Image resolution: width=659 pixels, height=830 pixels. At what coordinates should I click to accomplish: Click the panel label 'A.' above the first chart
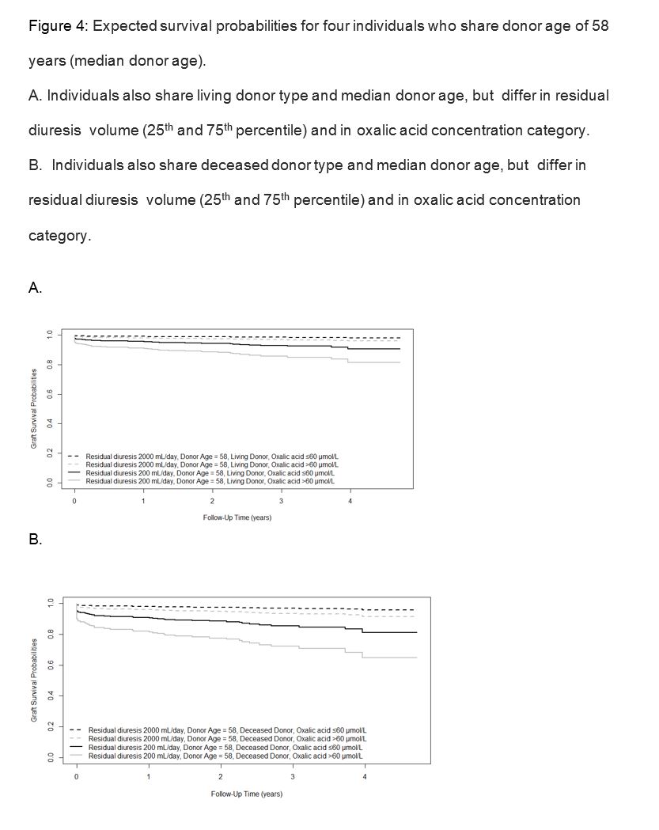click(35, 289)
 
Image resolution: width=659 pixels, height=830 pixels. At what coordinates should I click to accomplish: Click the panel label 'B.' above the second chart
click(35, 540)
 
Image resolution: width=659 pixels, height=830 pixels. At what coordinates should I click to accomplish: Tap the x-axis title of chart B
click(247, 793)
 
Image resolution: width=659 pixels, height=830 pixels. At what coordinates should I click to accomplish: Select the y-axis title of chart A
click(35, 409)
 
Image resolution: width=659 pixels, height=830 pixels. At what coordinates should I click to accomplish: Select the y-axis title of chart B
click(35, 680)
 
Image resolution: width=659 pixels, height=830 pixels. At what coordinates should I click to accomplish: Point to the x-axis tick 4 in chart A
click(350, 502)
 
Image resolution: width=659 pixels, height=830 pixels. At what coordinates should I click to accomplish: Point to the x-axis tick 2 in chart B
click(221, 776)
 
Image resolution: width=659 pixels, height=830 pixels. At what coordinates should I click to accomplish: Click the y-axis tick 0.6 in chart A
click(49, 394)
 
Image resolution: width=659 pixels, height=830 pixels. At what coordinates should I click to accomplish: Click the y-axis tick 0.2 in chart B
click(49, 726)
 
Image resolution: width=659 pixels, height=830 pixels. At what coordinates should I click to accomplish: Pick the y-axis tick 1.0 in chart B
click(49, 603)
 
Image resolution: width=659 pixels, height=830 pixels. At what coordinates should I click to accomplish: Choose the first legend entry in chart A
click(211, 457)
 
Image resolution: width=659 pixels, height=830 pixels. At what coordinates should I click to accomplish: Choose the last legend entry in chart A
click(211, 480)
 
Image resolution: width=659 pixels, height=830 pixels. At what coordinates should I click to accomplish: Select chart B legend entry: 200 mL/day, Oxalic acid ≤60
click(225, 747)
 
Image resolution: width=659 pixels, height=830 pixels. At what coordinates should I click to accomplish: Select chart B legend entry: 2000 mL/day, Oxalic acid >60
click(225, 738)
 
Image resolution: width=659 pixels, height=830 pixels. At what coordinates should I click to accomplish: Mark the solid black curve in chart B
click(237, 622)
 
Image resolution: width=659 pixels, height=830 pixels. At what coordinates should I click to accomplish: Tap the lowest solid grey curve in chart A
click(237, 355)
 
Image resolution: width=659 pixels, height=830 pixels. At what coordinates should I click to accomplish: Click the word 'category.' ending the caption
click(59, 235)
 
